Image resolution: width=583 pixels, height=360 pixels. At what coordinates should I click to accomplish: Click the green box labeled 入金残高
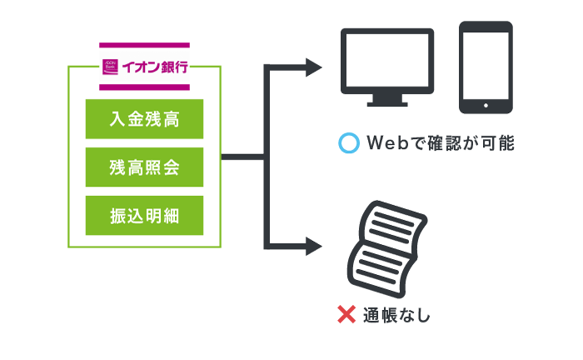tap(144, 119)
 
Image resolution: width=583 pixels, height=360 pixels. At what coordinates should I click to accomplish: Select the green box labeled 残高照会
tap(144, 167)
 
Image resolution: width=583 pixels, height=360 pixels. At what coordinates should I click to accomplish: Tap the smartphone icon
tap(486, 67)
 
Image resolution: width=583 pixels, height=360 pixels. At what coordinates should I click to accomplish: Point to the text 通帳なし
tap(396, 316)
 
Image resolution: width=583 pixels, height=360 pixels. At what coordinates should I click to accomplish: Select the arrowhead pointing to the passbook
tap(314, 246)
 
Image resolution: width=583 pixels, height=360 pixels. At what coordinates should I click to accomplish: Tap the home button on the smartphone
tap(486, 105)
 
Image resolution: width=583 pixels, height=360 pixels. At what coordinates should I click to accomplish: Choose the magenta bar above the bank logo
tap(144, 44)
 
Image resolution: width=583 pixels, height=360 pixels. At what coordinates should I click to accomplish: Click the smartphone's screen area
tap(486, 63)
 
